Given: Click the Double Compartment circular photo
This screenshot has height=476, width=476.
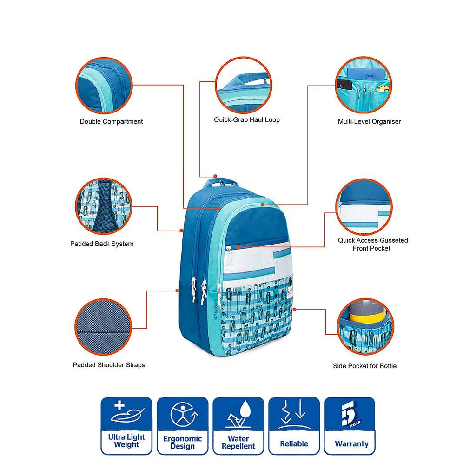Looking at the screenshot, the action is (x=104, y=86).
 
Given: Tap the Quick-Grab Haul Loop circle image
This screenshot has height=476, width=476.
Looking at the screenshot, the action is (x=244, y=85).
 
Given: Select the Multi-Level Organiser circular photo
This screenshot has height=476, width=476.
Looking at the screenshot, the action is (x=364, y=85).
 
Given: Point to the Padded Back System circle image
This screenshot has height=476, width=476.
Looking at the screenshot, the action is (x=104, y=206).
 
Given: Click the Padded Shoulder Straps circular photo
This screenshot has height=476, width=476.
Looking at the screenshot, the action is (x=103, y=327).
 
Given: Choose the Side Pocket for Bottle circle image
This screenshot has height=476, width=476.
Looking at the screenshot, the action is (x=365, y=326).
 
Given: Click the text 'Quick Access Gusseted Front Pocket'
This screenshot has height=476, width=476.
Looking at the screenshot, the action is (x=372, y=245).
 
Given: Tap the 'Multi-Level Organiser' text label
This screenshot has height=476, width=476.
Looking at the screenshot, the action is (x=369, y=122).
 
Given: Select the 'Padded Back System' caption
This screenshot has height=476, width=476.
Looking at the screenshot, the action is (x=102, y=244).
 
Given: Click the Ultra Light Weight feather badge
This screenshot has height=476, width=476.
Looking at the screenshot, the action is (x=126, y=426).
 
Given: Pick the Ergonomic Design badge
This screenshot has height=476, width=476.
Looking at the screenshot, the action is (x=182, y=426).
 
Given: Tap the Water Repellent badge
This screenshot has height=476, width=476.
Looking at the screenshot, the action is (x=238, y=426).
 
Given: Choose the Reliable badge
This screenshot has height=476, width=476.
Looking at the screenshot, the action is (x=294, y=426).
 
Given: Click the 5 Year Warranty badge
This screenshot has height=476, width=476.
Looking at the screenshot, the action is (x=350, y=426).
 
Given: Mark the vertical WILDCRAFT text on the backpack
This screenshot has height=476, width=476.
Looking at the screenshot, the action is (x=216, y=309).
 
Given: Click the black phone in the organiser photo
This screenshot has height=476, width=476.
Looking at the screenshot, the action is (x=344, y=85).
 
